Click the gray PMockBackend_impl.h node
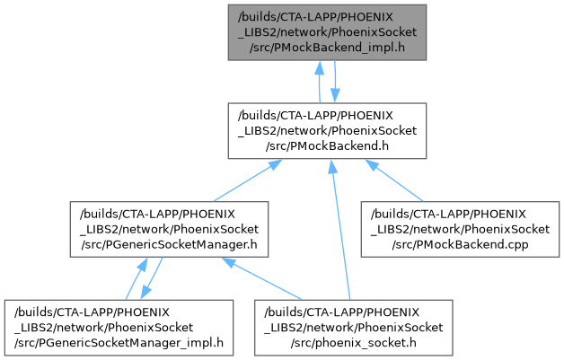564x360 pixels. coord(327,31)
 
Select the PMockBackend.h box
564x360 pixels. coord(327,130)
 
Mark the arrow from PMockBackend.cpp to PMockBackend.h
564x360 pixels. coord(400,180)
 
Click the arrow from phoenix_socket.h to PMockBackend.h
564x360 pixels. coord(339,229)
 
